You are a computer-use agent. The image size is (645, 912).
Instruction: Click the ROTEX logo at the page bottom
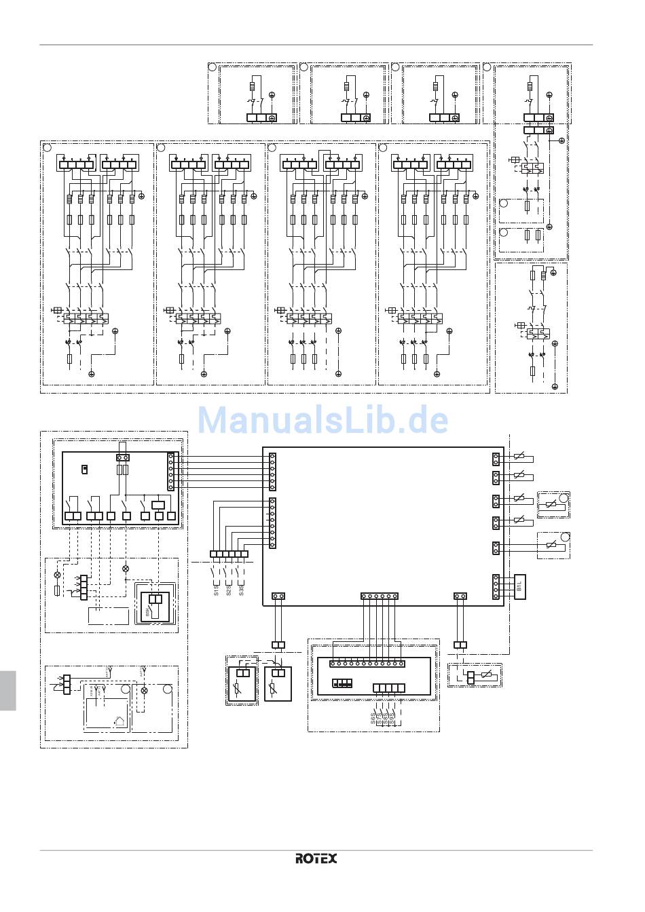316,858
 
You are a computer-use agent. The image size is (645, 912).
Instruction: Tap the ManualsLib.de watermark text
323,420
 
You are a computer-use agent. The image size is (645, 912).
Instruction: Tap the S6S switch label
373,718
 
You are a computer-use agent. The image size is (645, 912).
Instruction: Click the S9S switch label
392,718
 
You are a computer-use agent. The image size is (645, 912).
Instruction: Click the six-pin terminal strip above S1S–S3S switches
229,554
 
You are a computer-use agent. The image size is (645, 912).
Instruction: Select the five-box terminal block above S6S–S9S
389,688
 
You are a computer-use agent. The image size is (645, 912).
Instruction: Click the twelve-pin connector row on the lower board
367,663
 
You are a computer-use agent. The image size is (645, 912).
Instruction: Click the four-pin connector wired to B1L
496,586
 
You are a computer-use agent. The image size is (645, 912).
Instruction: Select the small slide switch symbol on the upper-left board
85,468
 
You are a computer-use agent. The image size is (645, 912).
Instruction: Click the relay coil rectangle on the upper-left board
158,504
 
